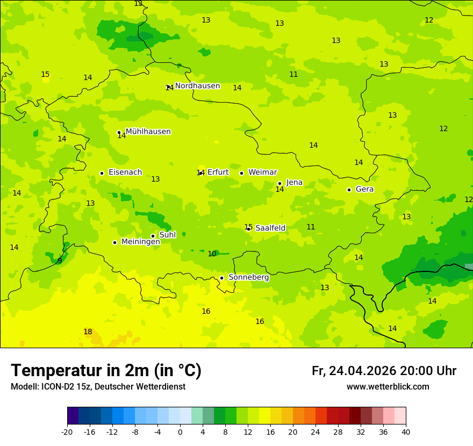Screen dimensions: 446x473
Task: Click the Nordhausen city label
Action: pyautogui.click(x=197, y=86)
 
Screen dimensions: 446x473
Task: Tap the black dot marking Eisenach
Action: pyautogui.click(x=102, y=173)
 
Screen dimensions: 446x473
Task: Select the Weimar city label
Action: pyautogui.click(x=262, y=172)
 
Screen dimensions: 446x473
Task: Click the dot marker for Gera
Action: pyautogui.click(x=349, y=190)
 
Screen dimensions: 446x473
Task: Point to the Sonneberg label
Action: pyautogui.click(x=248, y=277)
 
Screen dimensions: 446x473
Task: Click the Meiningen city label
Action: pyautogui.click(x=140, y=242)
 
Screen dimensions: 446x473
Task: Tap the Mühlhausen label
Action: pyautogui.click(x=148, y=132)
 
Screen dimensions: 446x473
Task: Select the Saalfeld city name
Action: pyautogui.click(x=270, y=228)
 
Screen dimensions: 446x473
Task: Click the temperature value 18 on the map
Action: pyautogui.click(x=88, y=332)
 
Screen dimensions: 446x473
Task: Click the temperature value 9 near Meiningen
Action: pyautogui.click(x=60, y=261)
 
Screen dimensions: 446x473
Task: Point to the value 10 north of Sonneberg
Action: pyautogui.click(x=212, y=254)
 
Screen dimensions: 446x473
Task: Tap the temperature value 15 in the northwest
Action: pyautogui.click(x=45, y=75)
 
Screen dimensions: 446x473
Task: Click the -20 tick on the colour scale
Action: pyautogui.click(x=67, y=431)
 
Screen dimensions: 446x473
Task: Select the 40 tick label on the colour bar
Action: pyautogui.click(x=406, y=431)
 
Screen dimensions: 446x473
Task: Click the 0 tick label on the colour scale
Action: pyautogui.click(x=180, y=431)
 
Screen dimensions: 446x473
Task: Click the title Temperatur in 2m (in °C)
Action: pyautogui.click(x=106, y=371)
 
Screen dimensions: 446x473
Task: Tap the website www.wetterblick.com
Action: pyautogui.click(x=388, y=387)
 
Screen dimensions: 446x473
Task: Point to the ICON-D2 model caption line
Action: pyautogui.click(x=98, y=387)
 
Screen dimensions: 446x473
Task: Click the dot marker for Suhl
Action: pyautogui.click(x=153, y=236)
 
